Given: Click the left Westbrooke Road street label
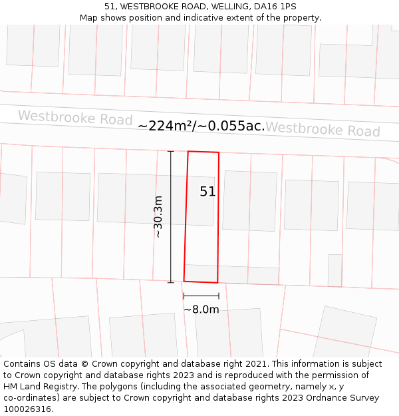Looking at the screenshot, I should [x=75, y=118].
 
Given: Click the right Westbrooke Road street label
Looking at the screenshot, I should [x=323, y=129].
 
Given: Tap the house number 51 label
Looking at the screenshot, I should [x=207, y=192].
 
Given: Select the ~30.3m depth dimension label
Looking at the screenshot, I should [x=158, y=216].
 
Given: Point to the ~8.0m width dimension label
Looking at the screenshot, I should [x=201, y=310].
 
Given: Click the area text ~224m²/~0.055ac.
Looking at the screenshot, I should [x=201, y=126].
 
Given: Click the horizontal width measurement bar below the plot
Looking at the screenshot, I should [x=201, y=296].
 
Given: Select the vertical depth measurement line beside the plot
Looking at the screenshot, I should [x=171, y=216].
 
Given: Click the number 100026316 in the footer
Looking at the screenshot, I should [x=28, y=409].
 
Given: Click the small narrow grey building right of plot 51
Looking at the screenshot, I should [x=334, y=270].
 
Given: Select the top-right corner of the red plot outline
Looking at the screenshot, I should [x=218, y=152].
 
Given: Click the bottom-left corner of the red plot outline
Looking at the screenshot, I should [x=184, y=281].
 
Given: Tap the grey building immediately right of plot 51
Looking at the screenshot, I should [x=249, y=201].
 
